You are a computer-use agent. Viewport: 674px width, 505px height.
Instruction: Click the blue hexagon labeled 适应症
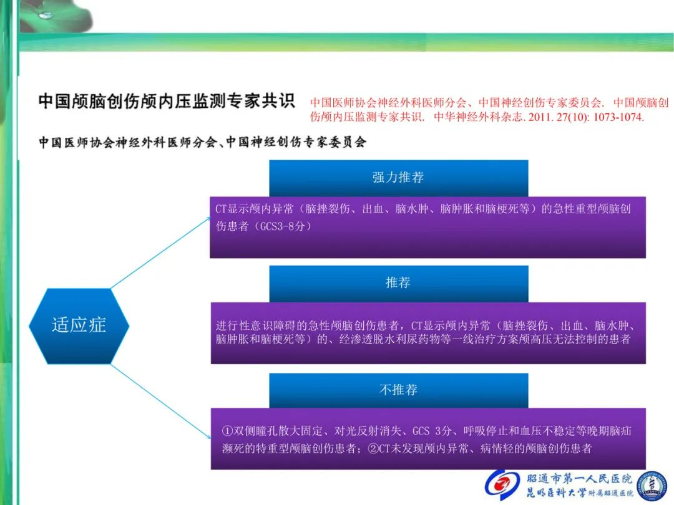pos(79,325)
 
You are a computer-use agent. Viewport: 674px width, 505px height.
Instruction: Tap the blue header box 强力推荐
pos(398,178)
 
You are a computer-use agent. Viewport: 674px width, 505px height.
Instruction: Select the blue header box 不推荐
pos(398,390)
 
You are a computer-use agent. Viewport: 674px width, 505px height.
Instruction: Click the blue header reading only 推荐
pos(398,284)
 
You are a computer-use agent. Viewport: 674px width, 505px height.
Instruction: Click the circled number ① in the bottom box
pos(228,431)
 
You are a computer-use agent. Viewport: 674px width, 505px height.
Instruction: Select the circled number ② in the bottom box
pos(373,449)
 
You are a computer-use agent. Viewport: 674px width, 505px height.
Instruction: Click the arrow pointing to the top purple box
pos(161,253)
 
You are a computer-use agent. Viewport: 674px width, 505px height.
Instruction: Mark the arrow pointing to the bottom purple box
pos(161,402)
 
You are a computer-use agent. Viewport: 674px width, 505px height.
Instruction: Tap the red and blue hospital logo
pos(502,485)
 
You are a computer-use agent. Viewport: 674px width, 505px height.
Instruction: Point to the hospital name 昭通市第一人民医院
pos(579,478)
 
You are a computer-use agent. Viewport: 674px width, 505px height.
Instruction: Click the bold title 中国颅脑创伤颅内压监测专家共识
pos(167,101)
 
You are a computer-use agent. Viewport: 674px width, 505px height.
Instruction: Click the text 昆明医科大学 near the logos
pos(556,493)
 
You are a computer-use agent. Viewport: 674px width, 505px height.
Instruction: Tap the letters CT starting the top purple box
pos(221,209)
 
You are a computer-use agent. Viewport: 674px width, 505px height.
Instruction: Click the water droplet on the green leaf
pos(45,16)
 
